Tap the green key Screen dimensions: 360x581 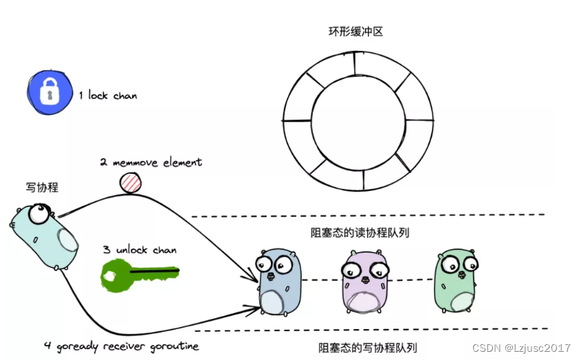(x=138, y=273)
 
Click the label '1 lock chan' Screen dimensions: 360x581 (x=107, y=95)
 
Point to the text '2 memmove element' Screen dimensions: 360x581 (x=151, y=163)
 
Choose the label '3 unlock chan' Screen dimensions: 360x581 (x=140, y=250)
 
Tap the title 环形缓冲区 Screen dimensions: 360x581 (x=357, y=32)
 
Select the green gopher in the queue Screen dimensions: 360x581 (x=455, y=280)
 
